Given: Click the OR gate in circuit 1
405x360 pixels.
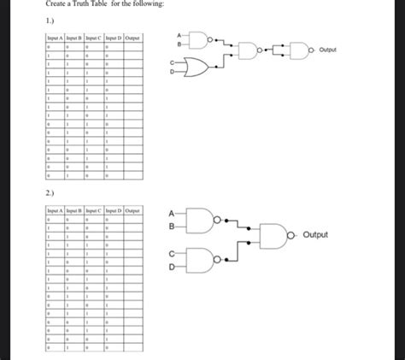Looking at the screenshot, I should (x=200, y=68).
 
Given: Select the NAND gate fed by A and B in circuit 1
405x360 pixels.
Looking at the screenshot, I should (x=199, y=39).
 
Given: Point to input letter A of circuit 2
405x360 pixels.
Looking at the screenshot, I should (x=172, y=213).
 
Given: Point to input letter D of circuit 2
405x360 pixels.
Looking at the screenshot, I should (x=172, y=267).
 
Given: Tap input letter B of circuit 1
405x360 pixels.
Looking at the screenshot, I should (x=179, y=44).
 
